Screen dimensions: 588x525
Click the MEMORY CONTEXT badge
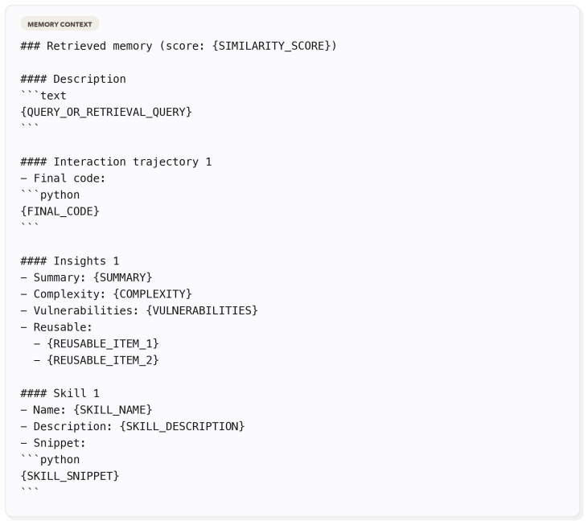coord(60,24)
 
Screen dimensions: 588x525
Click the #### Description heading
coord(73,79)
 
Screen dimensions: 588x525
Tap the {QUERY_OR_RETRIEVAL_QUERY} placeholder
coord(106,112)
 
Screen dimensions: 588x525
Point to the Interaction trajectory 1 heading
coord(116,162)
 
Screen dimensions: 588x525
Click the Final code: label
coord(69,178)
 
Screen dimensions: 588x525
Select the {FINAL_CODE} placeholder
coord(60,211)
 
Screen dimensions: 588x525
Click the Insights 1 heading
coord(70,260)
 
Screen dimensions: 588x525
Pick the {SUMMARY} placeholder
coord(122,277)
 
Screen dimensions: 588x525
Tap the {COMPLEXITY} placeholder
coord(152,293)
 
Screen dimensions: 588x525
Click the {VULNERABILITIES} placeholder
coord(202,310)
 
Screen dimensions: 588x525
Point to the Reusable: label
coord(63,326)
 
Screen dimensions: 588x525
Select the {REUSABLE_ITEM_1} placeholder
coord(103,343)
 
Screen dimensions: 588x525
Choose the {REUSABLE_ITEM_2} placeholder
coord(103,359)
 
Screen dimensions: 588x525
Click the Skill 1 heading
coord(60,392)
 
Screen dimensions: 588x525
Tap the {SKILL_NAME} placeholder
coord(113,409)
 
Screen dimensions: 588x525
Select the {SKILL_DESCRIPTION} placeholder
coord(182,426)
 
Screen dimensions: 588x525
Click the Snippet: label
coord(60,442)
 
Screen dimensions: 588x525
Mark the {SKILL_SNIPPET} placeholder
coord(70,475)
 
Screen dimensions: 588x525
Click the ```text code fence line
coord(43,95)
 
